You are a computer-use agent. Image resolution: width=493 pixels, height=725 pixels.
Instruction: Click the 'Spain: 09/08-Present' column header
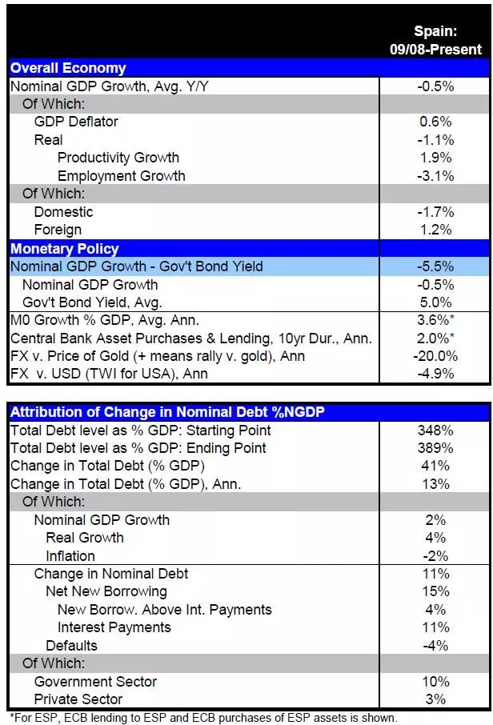(x=436, y=40)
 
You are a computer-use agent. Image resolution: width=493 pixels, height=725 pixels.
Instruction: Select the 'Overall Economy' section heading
(x=68, y=68)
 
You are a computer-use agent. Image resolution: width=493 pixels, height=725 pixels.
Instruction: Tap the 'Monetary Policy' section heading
(x=65, y=248)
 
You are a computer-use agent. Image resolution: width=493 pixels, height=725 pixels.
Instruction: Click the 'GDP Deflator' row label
(x=76, y=122)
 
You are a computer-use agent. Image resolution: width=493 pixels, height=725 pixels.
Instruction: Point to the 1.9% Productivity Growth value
(x=436, y=158)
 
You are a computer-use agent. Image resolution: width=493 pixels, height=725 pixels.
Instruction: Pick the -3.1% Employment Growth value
(x=436, y=176)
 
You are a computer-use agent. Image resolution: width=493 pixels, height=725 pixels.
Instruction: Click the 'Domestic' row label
(x=63, y=212)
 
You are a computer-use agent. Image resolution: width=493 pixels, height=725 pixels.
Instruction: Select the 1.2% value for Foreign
(x=436, y=230)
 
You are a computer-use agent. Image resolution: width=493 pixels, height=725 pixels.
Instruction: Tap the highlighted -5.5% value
(x=436, y=266)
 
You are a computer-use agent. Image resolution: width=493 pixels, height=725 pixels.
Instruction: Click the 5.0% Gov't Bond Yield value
(x=436, y=302)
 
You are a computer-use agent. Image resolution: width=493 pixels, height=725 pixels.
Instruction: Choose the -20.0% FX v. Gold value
(x=436, y=356)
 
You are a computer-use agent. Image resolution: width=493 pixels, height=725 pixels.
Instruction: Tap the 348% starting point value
(x=436, y=430)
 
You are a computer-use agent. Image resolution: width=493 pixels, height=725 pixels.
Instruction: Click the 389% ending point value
(x=436, y=448)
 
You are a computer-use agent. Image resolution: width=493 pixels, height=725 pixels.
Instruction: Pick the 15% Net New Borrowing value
(x=436, y=591)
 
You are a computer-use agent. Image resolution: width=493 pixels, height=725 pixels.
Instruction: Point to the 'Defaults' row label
(x=71, y=645)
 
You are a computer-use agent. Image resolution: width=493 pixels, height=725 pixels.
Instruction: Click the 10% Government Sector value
(x=436, y=681)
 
